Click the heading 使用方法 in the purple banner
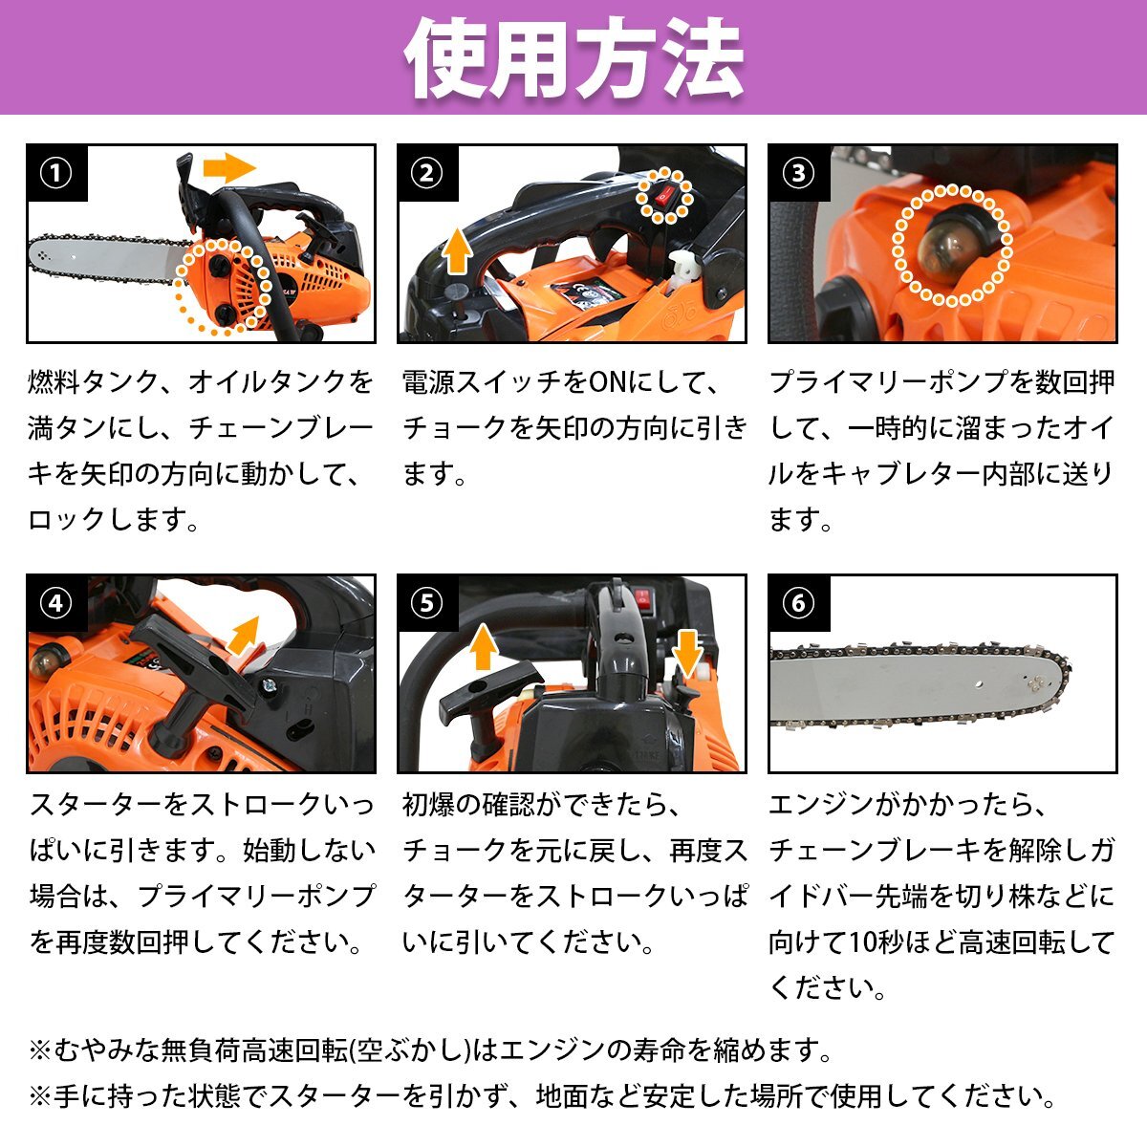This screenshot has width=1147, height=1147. (x=573, y=57)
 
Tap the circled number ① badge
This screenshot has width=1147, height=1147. (x=56, y=173)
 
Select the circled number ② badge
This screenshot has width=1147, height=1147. (x=426, y=173)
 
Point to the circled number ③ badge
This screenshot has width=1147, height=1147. (x=797, y=173)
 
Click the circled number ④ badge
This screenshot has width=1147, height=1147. (x=56, y=603)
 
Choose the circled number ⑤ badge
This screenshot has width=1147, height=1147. (x=426, y=603)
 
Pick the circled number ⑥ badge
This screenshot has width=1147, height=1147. (x=797, y=603)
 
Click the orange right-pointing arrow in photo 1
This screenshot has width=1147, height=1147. (x=229, y=168)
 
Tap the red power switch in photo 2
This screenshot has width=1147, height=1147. (x=663, y=194)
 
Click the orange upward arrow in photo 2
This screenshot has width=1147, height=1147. (x=457, y=250)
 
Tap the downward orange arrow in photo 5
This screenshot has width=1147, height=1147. (x=687, y=654)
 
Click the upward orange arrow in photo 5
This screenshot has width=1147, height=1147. (x=484, y=647)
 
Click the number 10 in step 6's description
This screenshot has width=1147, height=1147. (x=864, y=942)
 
